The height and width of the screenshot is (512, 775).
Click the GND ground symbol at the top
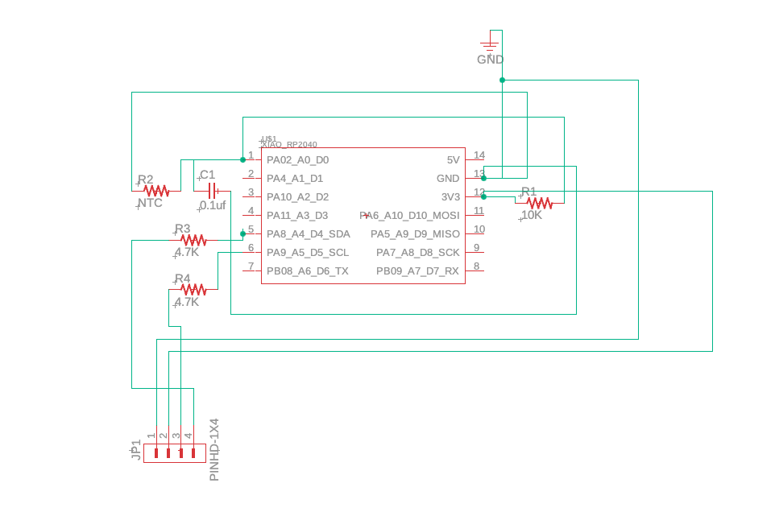point(489,45)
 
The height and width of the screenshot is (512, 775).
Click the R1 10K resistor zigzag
point(539,203)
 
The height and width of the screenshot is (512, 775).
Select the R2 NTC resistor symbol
point(156,191)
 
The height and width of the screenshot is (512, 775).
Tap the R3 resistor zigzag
point(193,240)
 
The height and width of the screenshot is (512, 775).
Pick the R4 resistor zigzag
point(193,289)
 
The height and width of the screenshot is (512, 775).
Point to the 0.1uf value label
point(213,205)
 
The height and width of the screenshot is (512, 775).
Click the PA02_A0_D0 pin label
point(297,160)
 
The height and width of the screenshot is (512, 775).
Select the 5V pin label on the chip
point(453,160)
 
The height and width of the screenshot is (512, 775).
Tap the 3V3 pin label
point(450,196)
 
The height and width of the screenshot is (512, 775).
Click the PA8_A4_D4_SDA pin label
point(308,234)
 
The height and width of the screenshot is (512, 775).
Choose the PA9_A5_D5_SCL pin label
point(308,252)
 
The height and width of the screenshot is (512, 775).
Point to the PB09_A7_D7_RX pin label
point(417,271)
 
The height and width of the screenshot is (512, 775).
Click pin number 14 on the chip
point(479,155)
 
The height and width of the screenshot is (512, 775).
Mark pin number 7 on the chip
point(251,266)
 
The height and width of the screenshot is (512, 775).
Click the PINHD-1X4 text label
point(214,450)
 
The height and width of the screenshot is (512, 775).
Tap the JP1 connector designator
point(136,450)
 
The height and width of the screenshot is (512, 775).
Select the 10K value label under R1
point(532,216)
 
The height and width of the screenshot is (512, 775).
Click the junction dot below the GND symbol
point(502,80)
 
